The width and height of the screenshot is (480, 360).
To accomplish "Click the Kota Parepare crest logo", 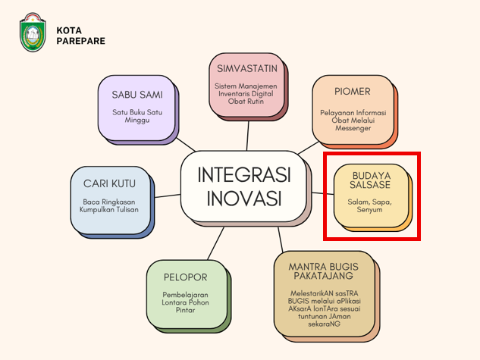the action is tap(33, 32).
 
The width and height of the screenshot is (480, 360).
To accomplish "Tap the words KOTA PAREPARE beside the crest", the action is tap(81, 36).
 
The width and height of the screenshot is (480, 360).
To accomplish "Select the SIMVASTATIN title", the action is tap(247, 68).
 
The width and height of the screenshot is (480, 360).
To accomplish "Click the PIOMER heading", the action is tap(353, 92).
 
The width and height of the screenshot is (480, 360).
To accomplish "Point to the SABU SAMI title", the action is tap(137, 95).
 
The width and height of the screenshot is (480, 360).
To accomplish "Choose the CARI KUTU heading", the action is tap(109, 183).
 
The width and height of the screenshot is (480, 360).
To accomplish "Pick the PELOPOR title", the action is tap(186, 277).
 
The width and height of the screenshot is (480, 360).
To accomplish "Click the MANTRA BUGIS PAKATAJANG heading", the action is tap(324, 271).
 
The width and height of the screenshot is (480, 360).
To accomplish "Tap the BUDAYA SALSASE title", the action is tap(370, 180).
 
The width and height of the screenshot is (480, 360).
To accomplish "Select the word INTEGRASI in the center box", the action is tap(244, 175).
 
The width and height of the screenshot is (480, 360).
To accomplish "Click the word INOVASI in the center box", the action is tap(244, 199).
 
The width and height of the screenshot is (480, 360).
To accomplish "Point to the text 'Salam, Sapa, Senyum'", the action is tap(369, 205).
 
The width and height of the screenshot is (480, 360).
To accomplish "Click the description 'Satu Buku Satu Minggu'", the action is tap(137, 116).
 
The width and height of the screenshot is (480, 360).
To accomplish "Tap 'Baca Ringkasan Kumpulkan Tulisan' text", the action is tap(109, 205).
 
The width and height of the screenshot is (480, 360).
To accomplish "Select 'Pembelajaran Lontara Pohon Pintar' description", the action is tap(185, 302).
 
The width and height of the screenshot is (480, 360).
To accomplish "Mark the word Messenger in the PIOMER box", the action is tap(353, 128).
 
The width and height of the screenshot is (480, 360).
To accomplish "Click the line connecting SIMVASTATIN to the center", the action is tap(248, 136).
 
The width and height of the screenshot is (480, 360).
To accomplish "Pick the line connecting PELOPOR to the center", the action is tap(215, 243).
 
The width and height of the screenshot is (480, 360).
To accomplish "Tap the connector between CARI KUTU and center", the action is tap(168, 196).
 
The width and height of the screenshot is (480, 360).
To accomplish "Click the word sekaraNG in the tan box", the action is tap(324, 324).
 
